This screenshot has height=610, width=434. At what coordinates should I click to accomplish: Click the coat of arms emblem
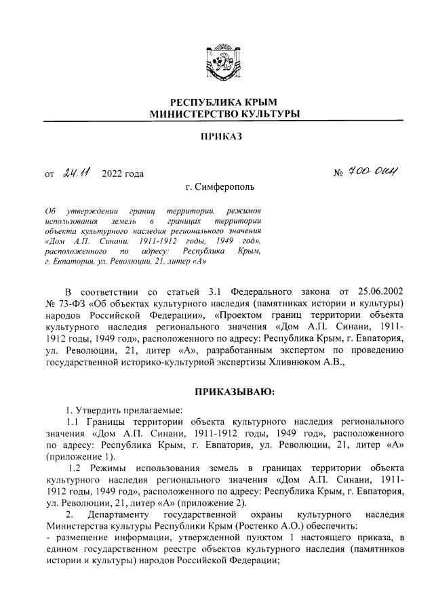click(x=217, y=63)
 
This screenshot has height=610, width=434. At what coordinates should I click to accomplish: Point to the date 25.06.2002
click(x=380, y=290)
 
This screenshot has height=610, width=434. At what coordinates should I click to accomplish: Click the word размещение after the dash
click(x=79, y=537)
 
